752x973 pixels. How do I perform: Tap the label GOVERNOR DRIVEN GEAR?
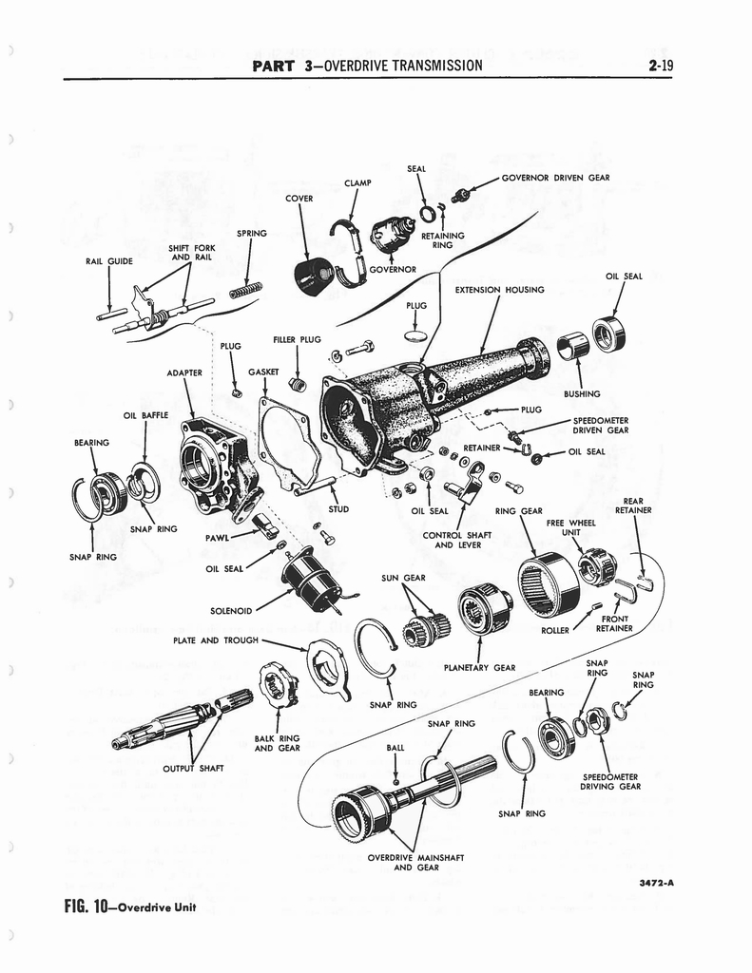(555, 177)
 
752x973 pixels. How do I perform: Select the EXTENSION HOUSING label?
(499, 290)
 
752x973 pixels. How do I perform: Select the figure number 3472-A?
(656, 882)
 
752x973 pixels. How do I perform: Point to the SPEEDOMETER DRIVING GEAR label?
(610, 781)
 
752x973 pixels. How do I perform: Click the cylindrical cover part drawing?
(312, 275)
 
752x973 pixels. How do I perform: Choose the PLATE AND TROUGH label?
(216, 640)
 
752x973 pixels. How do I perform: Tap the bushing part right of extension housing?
(572, 346)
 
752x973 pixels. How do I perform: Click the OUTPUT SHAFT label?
(194, 769)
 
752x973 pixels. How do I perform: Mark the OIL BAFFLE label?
(145, 415)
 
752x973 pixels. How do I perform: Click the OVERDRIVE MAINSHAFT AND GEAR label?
(415, 862)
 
